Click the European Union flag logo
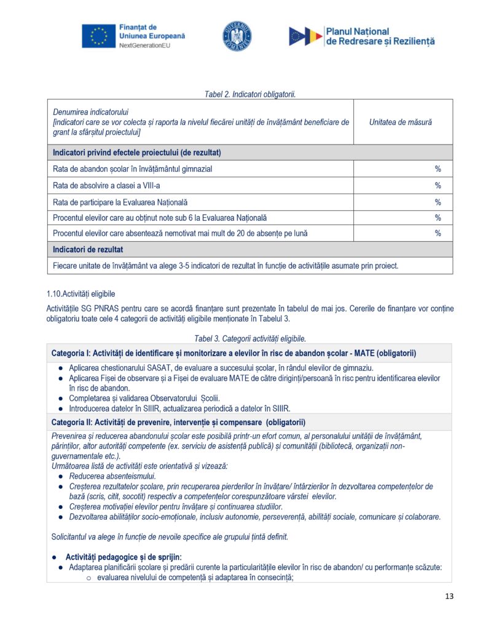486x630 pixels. point(98,36)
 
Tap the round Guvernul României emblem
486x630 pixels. point(237,36)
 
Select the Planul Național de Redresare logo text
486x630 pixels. point(380,36)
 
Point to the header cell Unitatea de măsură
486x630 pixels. point(400,122)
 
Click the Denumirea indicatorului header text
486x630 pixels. point(86,112)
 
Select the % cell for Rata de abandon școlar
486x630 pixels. point(437,169)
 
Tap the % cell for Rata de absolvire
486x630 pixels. point(437,185)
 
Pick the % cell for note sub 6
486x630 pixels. point(437,218)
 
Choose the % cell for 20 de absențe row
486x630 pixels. point(437,233)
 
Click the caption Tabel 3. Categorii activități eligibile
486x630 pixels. point(249,338)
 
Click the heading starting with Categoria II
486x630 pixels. point(178,422)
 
